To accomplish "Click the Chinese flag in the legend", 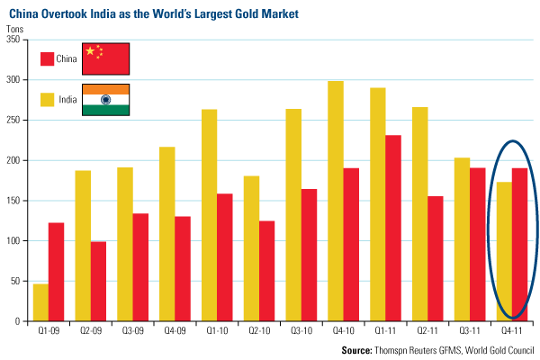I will (x=106, y=58).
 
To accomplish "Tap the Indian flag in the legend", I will (x=106, y=99).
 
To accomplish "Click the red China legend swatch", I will (x=48, y=58).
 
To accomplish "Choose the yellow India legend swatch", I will (x=48, y=99).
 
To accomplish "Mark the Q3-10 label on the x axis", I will (x=301, y=331).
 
